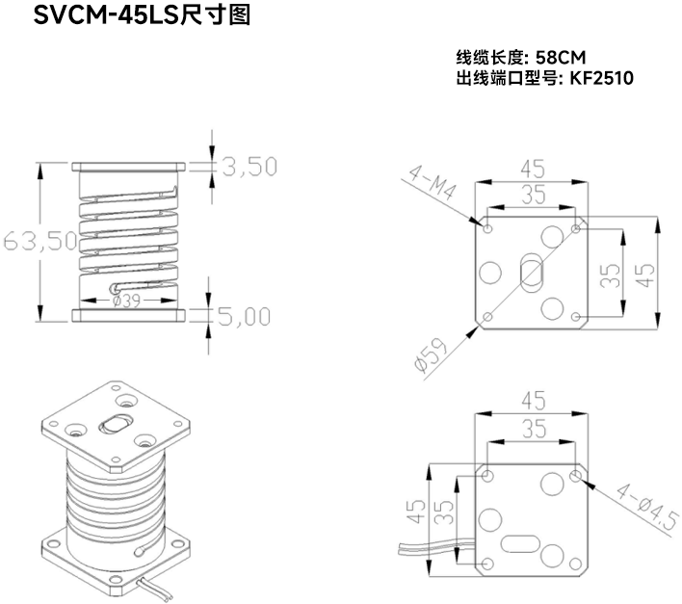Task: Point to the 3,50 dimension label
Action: click(x=249, y=167)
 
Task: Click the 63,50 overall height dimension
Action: click(x=39, y=241)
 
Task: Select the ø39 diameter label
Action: click(x=127, y=301)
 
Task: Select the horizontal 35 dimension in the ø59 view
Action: click(x=531, y=196)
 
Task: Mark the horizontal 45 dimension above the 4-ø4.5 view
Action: click(x=531, y=400)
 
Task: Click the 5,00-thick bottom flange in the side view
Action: click(x=127, y=315)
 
